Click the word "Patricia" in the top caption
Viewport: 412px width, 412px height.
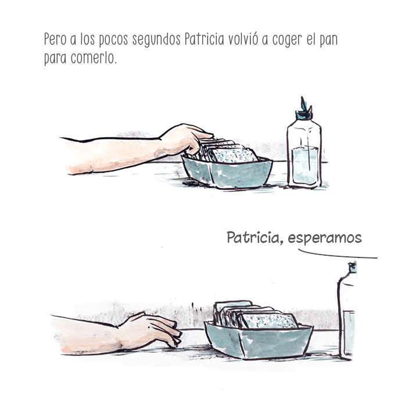click(205, 40)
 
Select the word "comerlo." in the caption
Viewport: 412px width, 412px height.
click(94, 58)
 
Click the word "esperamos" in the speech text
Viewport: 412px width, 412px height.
click(325, 238)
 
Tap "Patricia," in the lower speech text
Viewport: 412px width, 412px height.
click(255, 238)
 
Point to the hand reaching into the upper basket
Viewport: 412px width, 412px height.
click(187, 139)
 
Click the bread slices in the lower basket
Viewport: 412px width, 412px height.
click(255, 315)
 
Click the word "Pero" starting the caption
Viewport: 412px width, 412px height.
click(55, 40)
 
